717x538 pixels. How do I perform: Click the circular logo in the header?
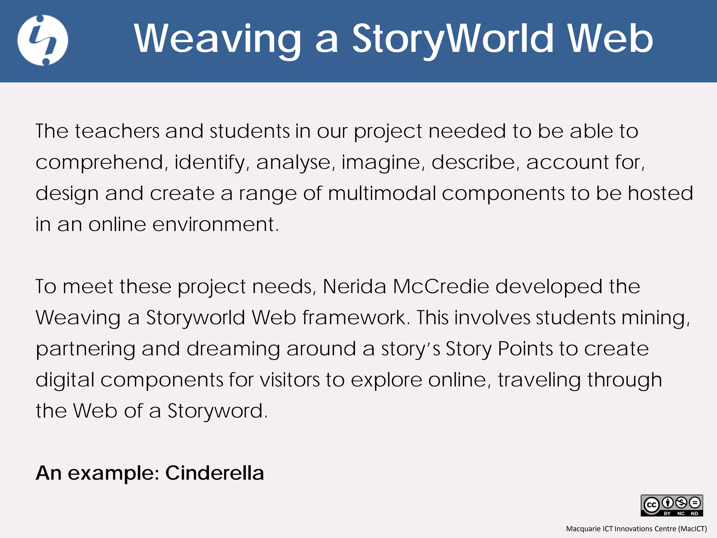click(x=43, y=40)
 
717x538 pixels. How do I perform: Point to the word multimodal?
click(x=381, y=193)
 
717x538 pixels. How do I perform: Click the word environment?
click(x=215, y=225)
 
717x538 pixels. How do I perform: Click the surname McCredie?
click(x=441, y=287)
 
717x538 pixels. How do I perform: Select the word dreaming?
click(x=233, y=349)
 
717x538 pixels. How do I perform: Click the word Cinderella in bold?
click(x=214, y=473)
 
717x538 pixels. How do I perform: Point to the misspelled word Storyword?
click(x=217, y=411)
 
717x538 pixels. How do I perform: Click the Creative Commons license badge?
click(x=671, y=505)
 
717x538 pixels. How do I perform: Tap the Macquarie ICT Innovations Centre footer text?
click(x=636, y=529)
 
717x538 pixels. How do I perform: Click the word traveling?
click(x=539, y=380)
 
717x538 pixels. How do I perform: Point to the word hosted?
click(x=660, y=193)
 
